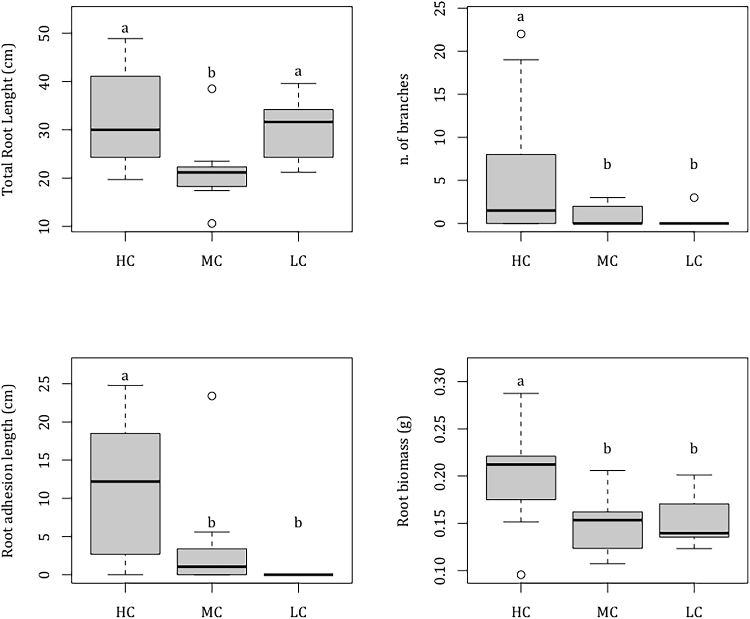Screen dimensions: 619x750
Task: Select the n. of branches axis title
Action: (404, 119)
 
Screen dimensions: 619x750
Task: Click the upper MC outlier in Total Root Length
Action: (212, 89)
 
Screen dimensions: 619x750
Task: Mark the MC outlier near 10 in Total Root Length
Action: (212, 223)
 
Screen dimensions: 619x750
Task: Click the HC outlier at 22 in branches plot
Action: (521, 34)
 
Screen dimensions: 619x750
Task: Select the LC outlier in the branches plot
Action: (694, 197)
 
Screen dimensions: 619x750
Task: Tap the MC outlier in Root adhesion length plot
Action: (212, 396)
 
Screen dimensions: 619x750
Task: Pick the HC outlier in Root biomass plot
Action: (521, 575)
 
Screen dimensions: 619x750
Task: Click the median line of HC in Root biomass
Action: (521, 464)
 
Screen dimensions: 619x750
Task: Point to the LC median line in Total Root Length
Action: (298, 122)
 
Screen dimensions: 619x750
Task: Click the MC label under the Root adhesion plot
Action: (212, 612)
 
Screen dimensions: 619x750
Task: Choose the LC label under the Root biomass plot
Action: (694, 612)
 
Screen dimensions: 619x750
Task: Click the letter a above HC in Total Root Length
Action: (125, 28)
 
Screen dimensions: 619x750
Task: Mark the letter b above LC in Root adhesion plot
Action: (298, 523)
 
